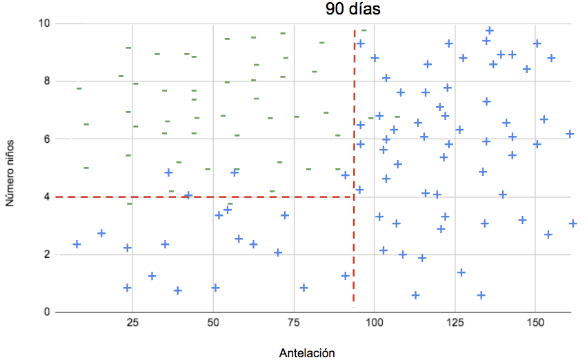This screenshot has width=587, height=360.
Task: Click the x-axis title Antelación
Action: coord(307,353)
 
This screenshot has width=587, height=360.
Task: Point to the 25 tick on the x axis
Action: coord(133,321)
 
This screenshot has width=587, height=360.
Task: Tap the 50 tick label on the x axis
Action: coord(213,321)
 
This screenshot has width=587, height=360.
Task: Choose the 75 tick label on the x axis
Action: coord(294,321)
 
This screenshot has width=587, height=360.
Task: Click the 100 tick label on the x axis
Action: coord(374,321)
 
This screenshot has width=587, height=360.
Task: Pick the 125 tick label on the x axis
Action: coord(455,321)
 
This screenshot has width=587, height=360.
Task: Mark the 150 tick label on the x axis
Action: coord(535,321)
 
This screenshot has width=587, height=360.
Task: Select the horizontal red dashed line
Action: coord(207,197)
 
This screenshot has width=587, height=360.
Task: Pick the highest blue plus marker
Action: coord(489,30)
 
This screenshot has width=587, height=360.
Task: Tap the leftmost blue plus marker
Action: coord(77,244)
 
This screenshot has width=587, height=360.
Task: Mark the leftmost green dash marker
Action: coord(79,88)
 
